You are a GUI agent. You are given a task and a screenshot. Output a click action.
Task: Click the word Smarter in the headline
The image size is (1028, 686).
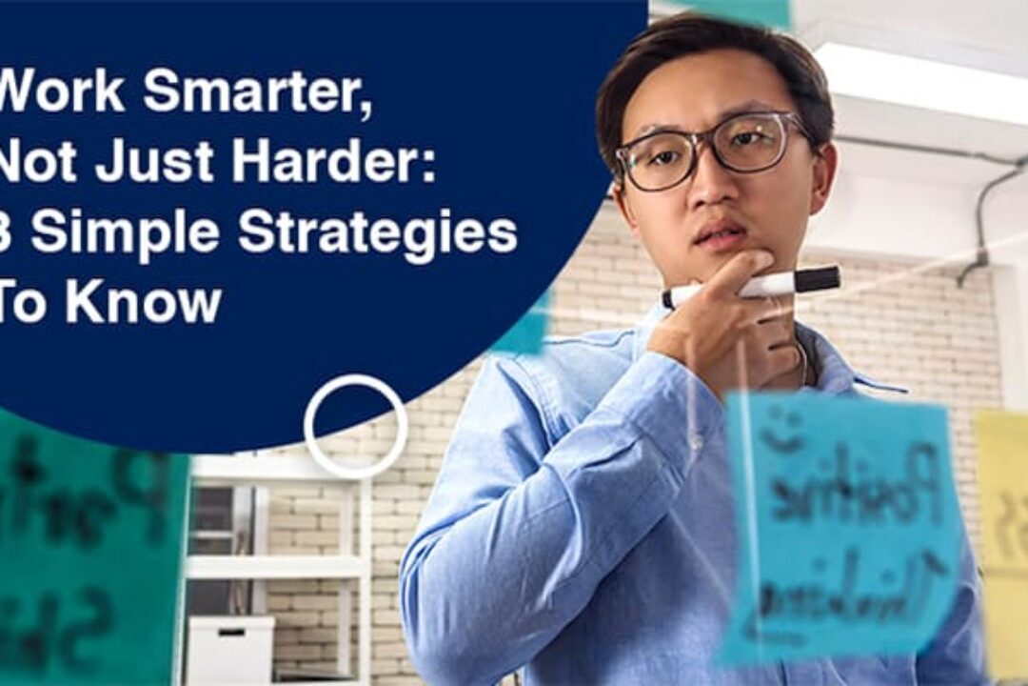[x=257, y=92]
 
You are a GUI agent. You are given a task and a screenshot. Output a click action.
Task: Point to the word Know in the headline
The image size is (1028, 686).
[x=143, y=302]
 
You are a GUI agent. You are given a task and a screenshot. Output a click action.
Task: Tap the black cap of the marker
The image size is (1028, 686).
[x=817, y=279]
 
